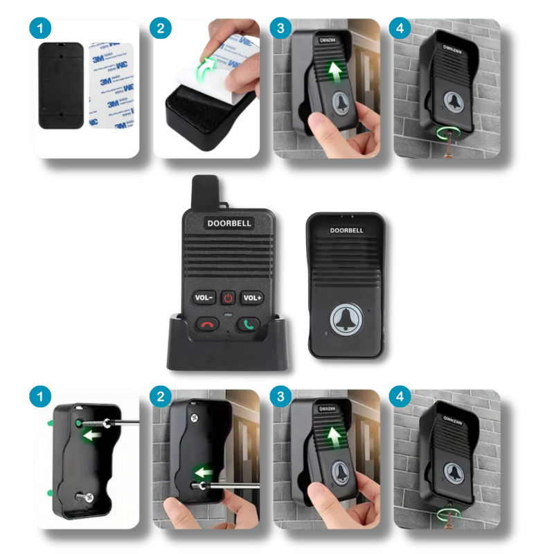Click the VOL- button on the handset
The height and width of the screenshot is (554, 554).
tap(203, 297)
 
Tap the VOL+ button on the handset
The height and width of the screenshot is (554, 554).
tap(252, 297)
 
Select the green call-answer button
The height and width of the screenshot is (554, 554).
tap(249, 323)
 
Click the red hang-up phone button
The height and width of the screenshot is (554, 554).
tap(207, 323)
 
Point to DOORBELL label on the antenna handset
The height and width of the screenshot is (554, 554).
tap(229, 223)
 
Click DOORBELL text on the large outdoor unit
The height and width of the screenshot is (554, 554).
tap(346, 231)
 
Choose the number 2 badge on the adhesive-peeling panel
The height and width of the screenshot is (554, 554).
tap(162, 29)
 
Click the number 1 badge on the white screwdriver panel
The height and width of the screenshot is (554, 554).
tap(39, 398)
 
